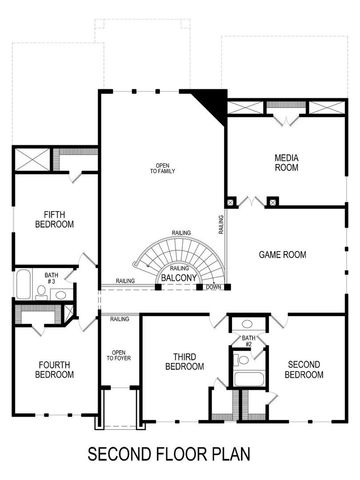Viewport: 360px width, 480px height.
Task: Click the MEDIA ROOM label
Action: [x=287, y=162]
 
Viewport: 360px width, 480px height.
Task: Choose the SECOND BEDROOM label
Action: [x=305, y=370]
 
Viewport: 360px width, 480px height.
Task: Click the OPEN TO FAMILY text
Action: [x=161, y=169]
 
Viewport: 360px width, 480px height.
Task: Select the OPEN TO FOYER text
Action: [x=118, y=356]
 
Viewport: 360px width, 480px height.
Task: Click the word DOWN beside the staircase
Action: [x=213, y=288]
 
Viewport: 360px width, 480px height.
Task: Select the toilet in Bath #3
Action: [x=59, y=294]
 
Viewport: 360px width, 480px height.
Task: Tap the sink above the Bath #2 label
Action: [x=247, y=325]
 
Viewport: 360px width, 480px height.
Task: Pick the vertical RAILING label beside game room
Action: [x=220, y=229]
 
